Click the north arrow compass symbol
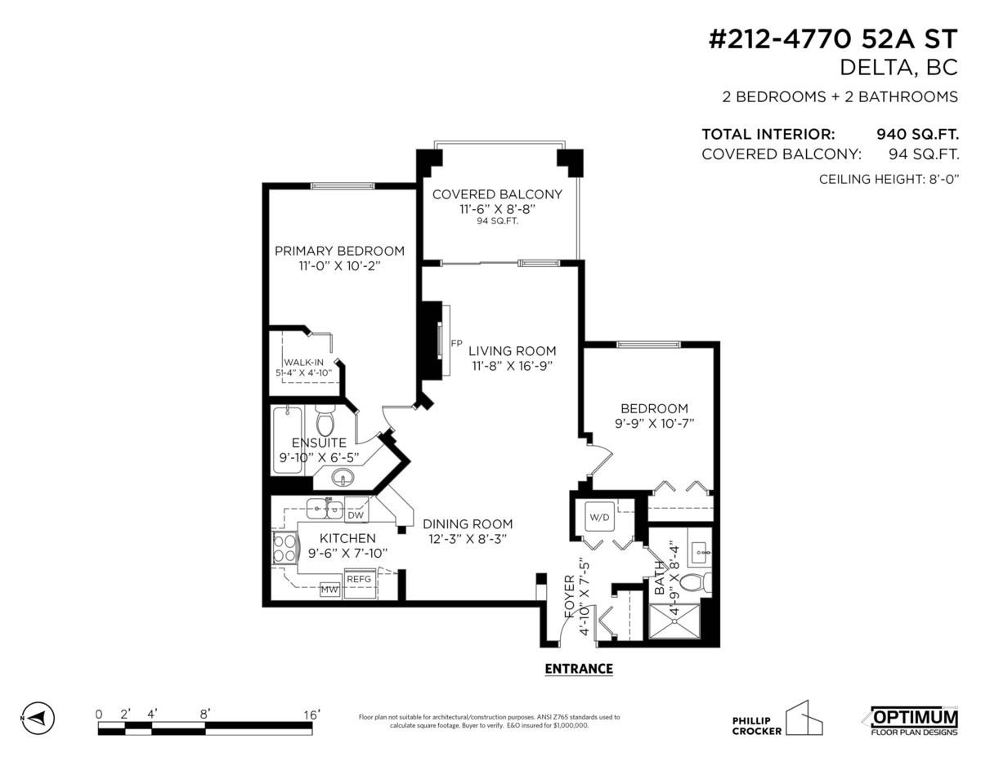[x=37, y=718]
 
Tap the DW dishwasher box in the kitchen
[x=356, y=515]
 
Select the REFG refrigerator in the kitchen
[x=359, y=579]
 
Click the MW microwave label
[x=329, y=589]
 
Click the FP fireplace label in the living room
[x=456, y=344]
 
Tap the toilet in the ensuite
[x=325, y=422]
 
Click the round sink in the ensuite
[x=343, y=477]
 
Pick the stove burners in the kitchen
[x=285, y=548]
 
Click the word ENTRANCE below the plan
[x=579, y=669]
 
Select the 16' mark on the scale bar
[x=311, y=714]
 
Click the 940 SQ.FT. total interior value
[x=917, y=135]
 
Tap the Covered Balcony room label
[x=497, y=194]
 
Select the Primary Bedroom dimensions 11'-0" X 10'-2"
[x=340, y=266]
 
